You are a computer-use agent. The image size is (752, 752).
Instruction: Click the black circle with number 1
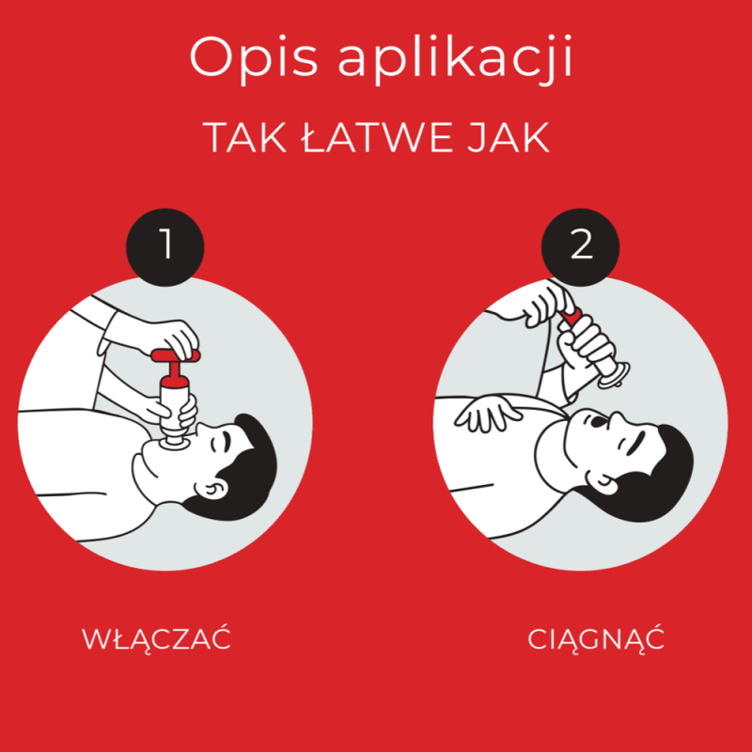click(165, 247)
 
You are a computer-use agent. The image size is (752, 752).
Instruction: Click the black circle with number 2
click(581, 247)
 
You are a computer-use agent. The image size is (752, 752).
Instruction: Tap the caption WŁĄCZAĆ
click(157, 640)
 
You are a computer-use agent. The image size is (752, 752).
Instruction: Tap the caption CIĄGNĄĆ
click(596, 640)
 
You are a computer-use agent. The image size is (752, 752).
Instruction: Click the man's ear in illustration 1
click(212, 488)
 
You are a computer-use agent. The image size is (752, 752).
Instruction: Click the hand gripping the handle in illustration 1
click(174, 336)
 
